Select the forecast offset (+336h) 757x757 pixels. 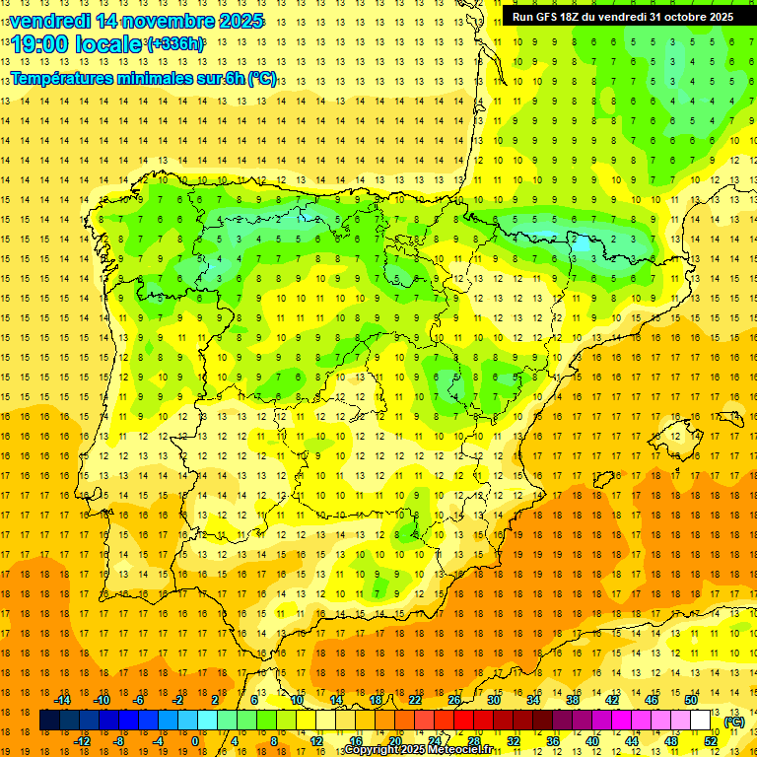click(x=175, y=44)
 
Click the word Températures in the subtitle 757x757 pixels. click(x=65, y=78)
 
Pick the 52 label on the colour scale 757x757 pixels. click(x=711, y=741)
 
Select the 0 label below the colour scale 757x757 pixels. click(x=195, y=741)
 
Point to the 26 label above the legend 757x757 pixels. click(x=454, y=700)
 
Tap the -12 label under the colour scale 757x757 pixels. click(x=82, y=741)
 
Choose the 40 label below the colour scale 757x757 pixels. click(x=591, y=741)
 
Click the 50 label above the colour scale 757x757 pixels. click(x=691, y=700)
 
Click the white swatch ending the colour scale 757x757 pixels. click(x=701, y=721)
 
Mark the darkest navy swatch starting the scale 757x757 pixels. click(x=49, y=721)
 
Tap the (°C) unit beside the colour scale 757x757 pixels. click(x=734, y=722)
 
